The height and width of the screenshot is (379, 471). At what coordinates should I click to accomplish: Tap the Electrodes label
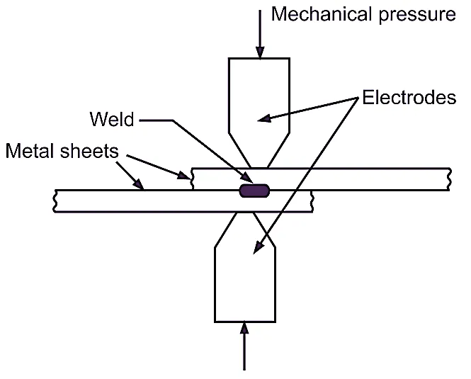pyautogui.click(x=409, y=98)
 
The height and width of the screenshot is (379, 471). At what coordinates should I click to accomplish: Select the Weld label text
pyautogui.click(x=111, y=118)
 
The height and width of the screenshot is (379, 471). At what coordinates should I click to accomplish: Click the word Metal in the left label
pyautogui.click(x=30, y=152)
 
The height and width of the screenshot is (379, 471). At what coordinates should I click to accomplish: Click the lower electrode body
pyautogui.click(x=244, y=283)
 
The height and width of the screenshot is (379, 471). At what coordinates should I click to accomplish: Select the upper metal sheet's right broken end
pyautogui.click(x=449, y=179)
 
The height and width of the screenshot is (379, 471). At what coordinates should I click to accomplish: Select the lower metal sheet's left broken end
pyautogui.click(x=55, y=201)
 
